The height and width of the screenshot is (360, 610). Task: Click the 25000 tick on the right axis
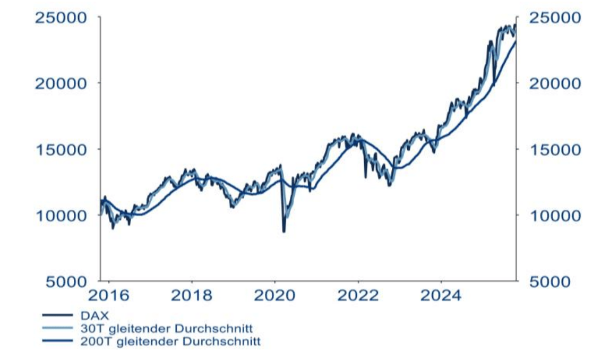coord(552,18)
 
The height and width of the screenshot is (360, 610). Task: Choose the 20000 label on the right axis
coord(552,83)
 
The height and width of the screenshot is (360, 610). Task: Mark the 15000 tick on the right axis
coord(552,149)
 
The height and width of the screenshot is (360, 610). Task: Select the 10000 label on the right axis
coord(552,215)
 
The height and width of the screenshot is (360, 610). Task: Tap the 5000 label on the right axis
coord(548,281)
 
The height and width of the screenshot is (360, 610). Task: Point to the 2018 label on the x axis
coord(192,295)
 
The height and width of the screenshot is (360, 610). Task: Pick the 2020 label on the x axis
coord(274,295)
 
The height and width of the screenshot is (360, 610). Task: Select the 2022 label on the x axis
coord(358,295)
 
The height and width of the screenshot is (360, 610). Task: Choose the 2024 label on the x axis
coord(441,295)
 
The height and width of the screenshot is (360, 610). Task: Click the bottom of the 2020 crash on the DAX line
coord(284,231)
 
